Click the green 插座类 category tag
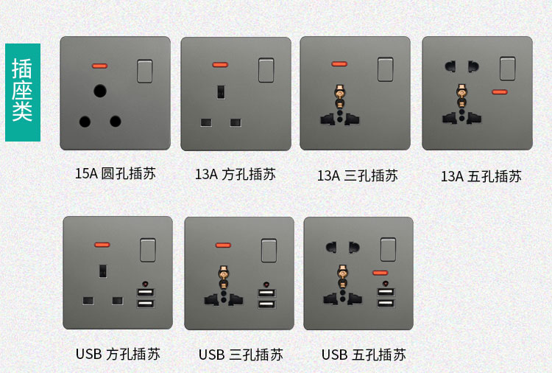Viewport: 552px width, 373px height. click(23, 92)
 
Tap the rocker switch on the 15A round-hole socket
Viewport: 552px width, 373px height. click(145, 72)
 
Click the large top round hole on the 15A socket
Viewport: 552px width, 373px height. click(100, 91)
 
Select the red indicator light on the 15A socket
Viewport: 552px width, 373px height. click(99, 66)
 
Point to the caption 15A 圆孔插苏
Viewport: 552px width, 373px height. click(115, 174)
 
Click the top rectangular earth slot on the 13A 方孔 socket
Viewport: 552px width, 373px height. click(221, 91)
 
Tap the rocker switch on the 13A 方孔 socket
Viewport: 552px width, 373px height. click(266, 70)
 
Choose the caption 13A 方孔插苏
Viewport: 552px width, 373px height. click(236, 174)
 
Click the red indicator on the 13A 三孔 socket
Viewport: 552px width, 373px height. click(339, 64)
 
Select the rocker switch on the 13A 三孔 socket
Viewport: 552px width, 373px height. click(386, 69)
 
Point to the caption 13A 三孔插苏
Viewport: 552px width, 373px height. click(358, 175)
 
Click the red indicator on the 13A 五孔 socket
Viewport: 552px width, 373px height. click(500, 92)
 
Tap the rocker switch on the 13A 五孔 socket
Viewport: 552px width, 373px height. click(508, 69)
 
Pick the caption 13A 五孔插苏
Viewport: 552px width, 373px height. click(481, 176)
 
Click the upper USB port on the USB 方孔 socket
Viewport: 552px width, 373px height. click(146, 292)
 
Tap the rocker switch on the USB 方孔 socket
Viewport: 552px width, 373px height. click(148, 250)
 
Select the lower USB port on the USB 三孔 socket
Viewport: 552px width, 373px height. click(267, 304)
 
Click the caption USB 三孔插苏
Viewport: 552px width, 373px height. click(241, 355)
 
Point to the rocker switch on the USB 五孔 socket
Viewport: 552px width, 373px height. click(388, 249)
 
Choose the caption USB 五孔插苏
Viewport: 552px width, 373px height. click(364, 355)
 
